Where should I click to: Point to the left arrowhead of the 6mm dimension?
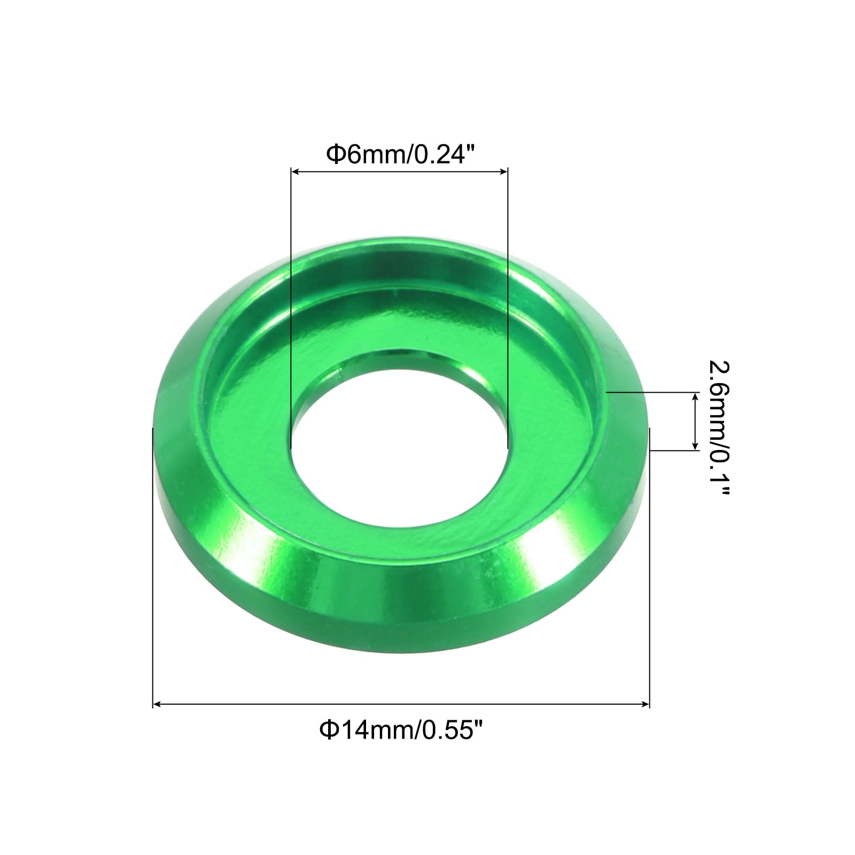click(294, 172)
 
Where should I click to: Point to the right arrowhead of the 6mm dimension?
click(503, 172)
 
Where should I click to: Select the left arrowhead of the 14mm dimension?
click(157, 705)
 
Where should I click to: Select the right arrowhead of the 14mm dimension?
click(645, 705)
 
